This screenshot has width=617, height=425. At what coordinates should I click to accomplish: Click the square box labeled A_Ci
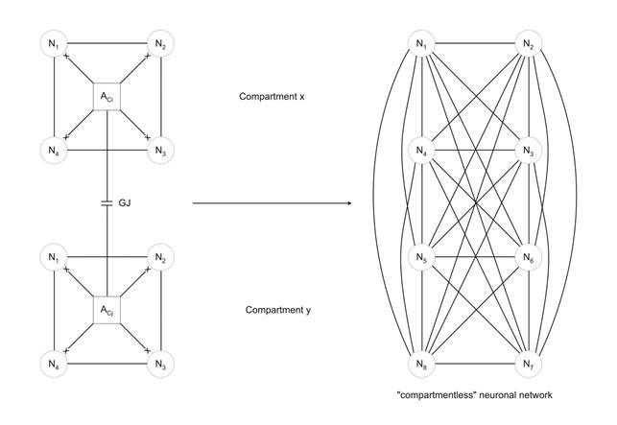point(107,97)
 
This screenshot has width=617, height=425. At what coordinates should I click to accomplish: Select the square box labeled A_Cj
point(107,311)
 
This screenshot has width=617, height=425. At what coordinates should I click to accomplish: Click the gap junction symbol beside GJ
point(107,203)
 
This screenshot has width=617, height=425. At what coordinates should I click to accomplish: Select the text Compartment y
point(275,310)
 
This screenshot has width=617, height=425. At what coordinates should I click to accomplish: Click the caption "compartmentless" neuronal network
point(475,394)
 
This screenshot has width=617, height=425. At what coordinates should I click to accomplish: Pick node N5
point(422,257)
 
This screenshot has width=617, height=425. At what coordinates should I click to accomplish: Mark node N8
point(422,365)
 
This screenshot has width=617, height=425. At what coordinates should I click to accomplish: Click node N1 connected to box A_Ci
point(53,43)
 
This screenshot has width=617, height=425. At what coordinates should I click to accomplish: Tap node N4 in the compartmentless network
point(422,151)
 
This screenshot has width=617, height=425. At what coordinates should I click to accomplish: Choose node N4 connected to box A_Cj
point(53,365)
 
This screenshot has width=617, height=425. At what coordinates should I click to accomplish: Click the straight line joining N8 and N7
point(474,365)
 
